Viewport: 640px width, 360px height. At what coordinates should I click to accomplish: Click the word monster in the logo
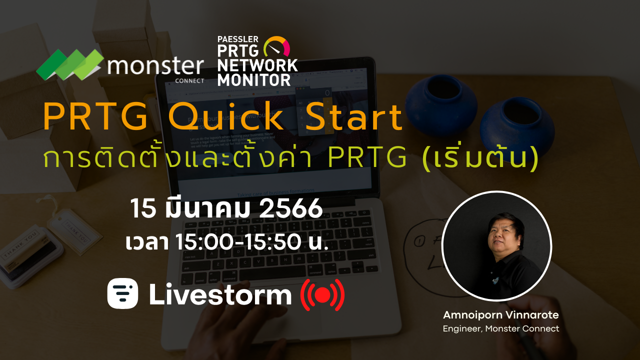pos(155,66)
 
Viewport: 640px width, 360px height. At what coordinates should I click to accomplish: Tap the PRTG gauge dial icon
pos(276,47)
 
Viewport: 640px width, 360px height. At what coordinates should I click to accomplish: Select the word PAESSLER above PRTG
pos(237,39)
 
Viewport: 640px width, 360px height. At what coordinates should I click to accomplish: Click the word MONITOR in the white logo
pos(254,79)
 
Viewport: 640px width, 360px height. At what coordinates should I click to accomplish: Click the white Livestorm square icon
pos(122,293)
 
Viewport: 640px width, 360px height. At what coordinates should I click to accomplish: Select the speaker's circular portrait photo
pos(496,246)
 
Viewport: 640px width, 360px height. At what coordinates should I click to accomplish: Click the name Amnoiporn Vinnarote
pos(500,315)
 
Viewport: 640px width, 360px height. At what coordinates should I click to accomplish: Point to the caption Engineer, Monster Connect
pos(500,328)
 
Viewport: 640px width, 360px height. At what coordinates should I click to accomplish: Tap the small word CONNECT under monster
pos(190,79)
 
